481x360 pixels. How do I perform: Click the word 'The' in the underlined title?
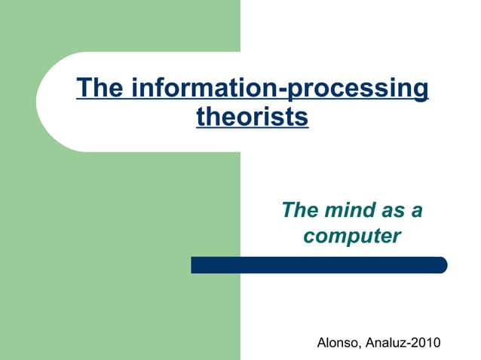tap(100, 89)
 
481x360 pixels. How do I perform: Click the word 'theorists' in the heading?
tap(252, 117)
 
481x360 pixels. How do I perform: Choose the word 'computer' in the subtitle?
tap(351, 236)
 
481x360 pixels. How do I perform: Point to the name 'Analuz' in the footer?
tap(388, 344)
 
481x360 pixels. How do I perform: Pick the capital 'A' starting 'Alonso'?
tap(322, 344)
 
